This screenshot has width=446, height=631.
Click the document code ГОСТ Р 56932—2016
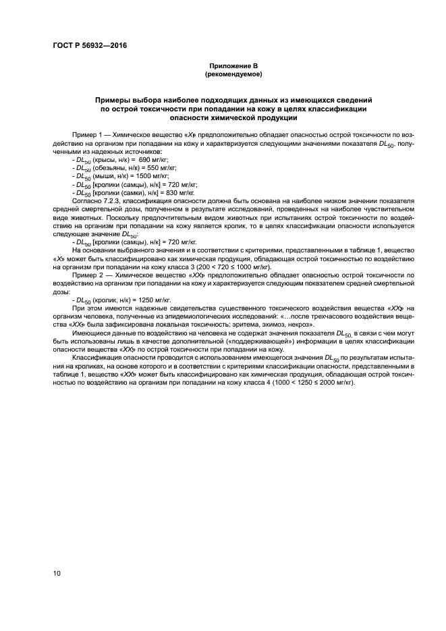click(89, 46)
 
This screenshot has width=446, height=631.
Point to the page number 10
click(55, 574)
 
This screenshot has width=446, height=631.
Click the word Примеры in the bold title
click(115, 99)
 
